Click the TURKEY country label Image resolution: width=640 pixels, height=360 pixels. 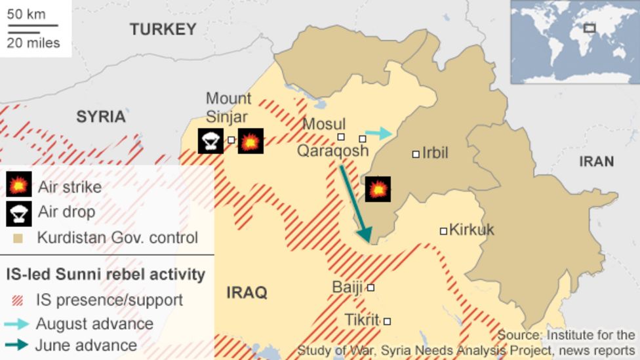[x=163, y=29]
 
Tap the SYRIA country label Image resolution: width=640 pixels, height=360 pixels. [x=100, y=117]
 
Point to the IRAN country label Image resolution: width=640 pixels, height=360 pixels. [x=596, y=161]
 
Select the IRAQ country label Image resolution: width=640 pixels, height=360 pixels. [x=247, y=292]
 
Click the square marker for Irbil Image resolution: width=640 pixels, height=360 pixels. [x=416, y=154]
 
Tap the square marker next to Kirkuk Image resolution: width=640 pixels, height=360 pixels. [x=443, y=231]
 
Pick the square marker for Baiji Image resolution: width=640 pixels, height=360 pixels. [x=370, y=287]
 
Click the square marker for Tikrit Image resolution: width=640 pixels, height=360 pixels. [x=387, y=321]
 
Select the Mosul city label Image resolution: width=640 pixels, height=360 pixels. [x=324, y=124]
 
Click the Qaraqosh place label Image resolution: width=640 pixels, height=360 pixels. [x=332, y=151]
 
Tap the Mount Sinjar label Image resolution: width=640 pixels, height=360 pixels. [x=228, y=108]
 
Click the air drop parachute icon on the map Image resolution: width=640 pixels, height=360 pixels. [x=210, y=141]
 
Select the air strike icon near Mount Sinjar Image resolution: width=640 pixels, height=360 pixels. [x=250, y=141]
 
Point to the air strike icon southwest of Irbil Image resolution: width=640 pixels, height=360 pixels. [x=378, y=189]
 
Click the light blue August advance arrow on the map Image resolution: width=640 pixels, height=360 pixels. [x=378, y=134]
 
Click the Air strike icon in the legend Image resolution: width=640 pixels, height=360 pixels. [x=19, y=186]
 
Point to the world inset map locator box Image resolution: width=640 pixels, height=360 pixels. [x=590, y=28]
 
